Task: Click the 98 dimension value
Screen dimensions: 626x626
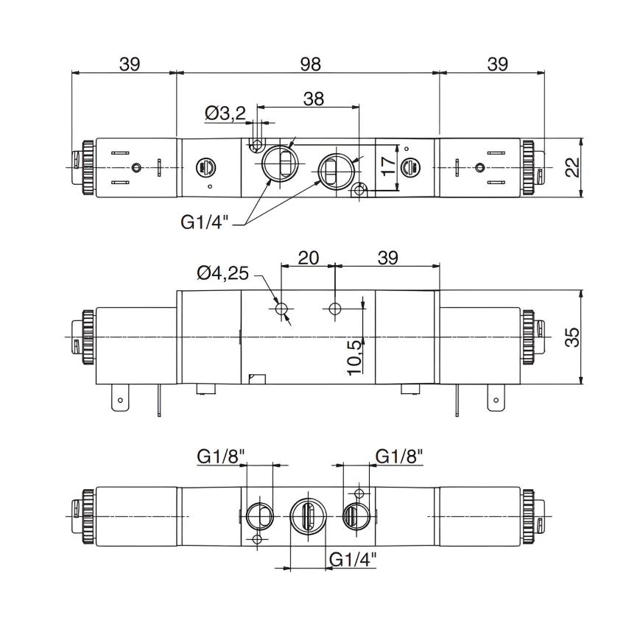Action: click(x=310, y=64)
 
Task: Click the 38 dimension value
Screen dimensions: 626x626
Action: click(x=314, y=99)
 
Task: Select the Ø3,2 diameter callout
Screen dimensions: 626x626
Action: click(x=225, y=113)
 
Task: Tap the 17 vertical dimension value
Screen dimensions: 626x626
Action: click(x=387, y=166)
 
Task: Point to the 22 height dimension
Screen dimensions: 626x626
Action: click(x=572, y=167)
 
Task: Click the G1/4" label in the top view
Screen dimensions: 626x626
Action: click(x=205, y=222)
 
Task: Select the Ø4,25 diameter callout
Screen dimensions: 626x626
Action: click(x=222, y=273)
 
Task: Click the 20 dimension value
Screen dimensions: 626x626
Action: click(x=308, y=258)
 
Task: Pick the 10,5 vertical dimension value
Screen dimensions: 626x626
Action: click(x=354, y=358)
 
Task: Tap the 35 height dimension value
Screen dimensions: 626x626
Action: click(x=572, y=337)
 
